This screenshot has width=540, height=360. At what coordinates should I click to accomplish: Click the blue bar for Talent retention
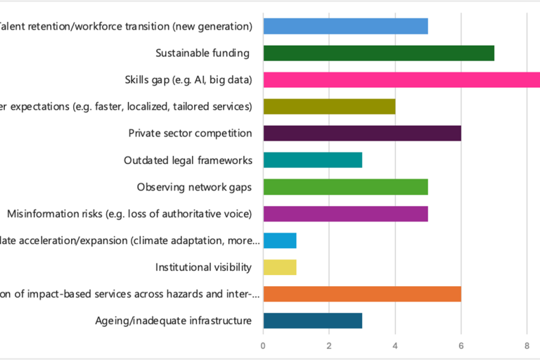tap(345, 27)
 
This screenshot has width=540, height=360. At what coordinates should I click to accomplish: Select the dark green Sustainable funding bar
tap(378, 53)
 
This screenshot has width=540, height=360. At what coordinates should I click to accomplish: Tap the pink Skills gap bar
tap(401, 79)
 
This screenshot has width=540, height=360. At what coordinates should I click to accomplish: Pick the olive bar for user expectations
tap(329, 106)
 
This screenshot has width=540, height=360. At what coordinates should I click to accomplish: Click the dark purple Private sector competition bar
tap(362, 133)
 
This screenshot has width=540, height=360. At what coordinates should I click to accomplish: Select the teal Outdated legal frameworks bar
tap(312, 160)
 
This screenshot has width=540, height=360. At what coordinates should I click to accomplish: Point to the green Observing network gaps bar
tap(345, 187)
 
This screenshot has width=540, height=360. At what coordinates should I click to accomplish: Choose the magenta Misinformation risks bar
tap(345, 213)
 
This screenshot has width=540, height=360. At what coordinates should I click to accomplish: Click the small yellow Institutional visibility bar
tap(279, 266)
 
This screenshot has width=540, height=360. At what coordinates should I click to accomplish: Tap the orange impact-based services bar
tap(362, 294)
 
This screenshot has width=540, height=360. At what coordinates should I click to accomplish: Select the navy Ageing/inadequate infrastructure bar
tap(312, 321)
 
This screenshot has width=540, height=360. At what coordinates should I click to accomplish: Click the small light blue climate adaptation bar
tap(279, 240)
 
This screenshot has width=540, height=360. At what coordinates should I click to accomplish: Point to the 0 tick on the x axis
tap(263, 346)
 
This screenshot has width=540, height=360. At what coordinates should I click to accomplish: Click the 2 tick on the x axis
tap(329, 346)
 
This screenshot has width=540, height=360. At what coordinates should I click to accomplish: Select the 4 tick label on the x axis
tap(395, 346)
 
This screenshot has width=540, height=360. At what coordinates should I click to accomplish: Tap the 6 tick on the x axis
tap(461, 346)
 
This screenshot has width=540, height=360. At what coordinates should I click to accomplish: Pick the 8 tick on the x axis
tap(527, 346)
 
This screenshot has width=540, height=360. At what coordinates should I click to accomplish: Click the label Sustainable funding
tap(202, 53)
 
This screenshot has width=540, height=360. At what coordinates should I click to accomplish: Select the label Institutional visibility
tap(203, 267)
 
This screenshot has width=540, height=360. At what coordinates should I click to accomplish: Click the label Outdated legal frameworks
tap(188, 160)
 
